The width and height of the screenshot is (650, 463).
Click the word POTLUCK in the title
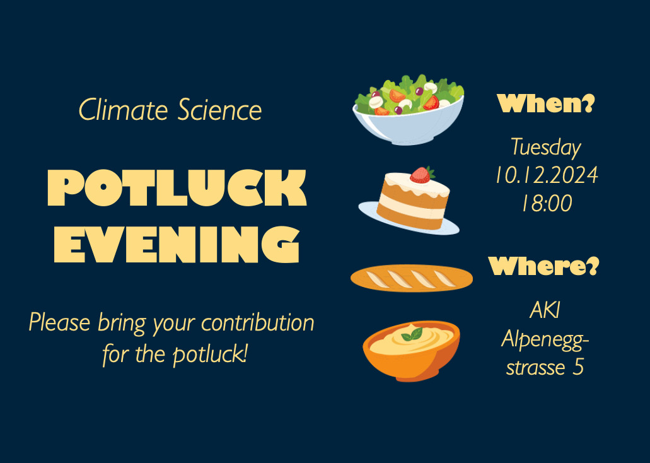click(x=177, y=187)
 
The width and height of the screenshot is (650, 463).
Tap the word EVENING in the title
click(x=177, y=244)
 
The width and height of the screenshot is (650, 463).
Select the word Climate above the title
click(x=123, y=110)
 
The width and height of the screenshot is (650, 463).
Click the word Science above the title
click(x=219, y=110)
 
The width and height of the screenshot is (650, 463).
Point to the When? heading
click(x=545, y=103)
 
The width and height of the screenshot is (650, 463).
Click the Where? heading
click(x=543, y=266)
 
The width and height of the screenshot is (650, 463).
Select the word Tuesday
click(x=545, y=148)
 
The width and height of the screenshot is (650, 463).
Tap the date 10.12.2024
click(x=547, y=175)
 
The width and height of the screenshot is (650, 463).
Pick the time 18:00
click(x=547, y=203)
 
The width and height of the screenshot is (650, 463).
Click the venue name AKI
click(x=545, y=310)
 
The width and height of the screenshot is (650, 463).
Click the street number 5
click(x=578, y=366)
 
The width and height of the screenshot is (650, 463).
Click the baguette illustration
click(x=412, y=278)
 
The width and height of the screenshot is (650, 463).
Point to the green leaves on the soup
click(x=412, y=334)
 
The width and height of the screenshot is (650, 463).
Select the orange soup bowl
click(x=411, y=351)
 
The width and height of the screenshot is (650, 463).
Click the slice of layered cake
click(x=413, y=201)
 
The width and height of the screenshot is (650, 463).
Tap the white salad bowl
click(x=409, y=122)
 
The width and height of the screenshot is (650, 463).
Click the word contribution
click(x=257, y=323)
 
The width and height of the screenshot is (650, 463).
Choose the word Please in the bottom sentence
click(x=60, y=322)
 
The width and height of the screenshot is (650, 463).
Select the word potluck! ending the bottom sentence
click(x=210, y=355)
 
